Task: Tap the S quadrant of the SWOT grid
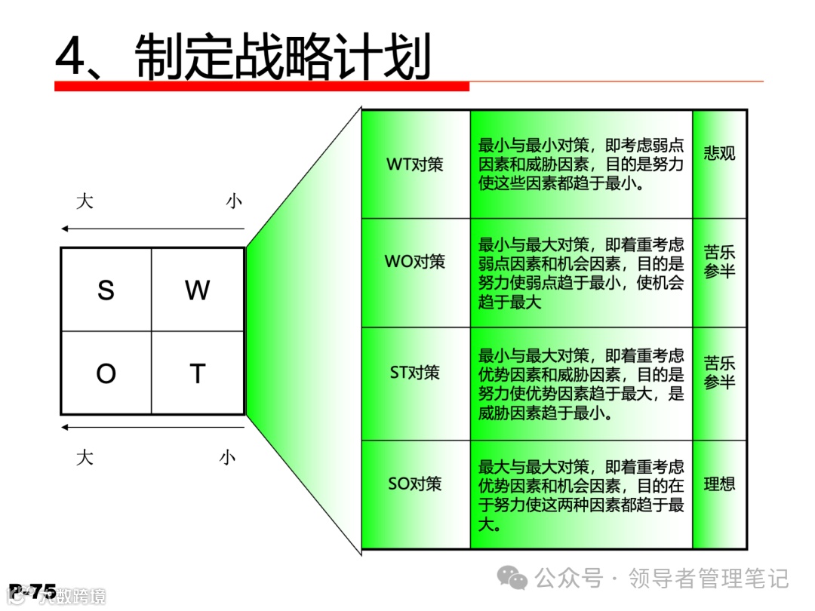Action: tap(106, 290)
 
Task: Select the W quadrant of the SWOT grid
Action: tap(198, 290)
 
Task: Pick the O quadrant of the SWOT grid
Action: tap(106, 373)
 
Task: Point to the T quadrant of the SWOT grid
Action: tap(198, 373)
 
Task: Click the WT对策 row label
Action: tap(415, 164)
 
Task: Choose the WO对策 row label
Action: tap(415, 263)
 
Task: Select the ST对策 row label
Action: tap(415, 373)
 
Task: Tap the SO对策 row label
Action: tap(415, 484)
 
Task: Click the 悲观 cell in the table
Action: tap(719, 154)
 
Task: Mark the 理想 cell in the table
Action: tap(719, 484)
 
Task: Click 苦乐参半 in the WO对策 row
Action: tap(719, 261)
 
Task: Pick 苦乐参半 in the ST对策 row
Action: tap(719, 373)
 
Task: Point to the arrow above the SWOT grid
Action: tap(153, 229)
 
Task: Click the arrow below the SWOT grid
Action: tap(153, 428)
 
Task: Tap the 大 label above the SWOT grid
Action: tap(85, 201)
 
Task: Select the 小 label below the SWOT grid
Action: tap(228, 457)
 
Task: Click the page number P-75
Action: tap(33, 592)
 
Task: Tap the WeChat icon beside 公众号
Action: tap(516, 579)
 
